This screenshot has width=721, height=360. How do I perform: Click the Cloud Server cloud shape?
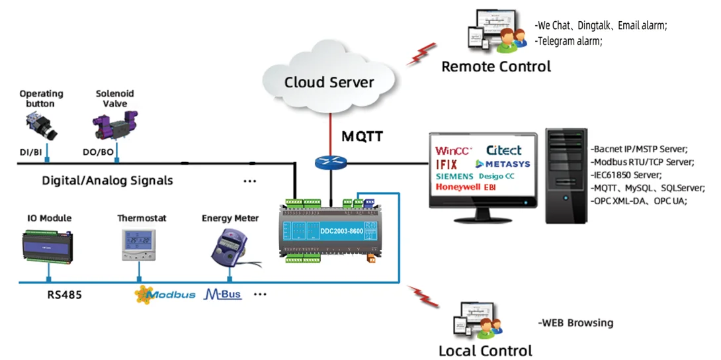[329, 82]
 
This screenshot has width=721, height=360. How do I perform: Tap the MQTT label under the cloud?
[361, 137]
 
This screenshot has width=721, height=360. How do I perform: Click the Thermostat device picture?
[140, 244]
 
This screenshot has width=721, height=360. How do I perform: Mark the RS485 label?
[64, 294]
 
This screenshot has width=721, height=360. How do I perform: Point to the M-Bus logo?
[223, 293]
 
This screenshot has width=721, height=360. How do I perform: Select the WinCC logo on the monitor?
[453, 150]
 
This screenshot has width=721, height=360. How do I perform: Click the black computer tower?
[566, 175]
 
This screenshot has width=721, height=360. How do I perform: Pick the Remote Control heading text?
[496, 66]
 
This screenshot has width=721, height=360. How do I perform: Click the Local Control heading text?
[486, 351]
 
